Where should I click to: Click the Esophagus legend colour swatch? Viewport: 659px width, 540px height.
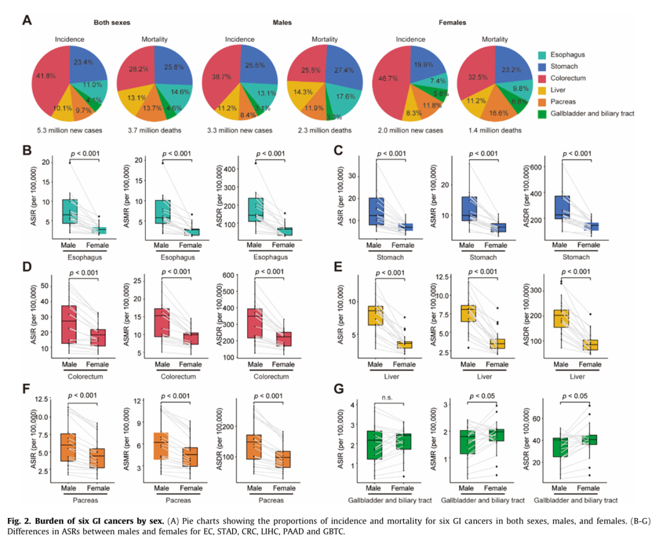point(542,55)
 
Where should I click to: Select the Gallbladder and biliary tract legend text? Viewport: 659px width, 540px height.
point(592,113)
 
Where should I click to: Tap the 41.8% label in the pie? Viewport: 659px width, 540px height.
point(46,76)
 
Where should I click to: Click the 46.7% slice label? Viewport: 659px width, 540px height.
point(388,78)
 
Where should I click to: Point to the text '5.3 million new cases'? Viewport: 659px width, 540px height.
point(70,131)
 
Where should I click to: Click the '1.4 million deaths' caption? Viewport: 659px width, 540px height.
point(495,131)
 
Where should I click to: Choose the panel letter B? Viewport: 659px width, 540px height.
point(27,150)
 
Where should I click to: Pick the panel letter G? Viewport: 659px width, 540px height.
point(339,389)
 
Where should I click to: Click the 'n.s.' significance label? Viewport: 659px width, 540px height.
point(387,397)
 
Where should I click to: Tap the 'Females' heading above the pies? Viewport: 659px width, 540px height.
point(452,23)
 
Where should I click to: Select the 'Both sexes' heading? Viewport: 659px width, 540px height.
point(112,23)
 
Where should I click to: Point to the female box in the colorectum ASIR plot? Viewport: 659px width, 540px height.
point(98,337)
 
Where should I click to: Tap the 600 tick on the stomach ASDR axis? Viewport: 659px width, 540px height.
point(536,167)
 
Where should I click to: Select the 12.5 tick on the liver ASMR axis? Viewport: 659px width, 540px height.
point(442,276)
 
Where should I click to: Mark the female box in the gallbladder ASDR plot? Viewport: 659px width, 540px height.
point(588,439)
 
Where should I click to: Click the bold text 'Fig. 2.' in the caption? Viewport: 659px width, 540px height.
point(20,521)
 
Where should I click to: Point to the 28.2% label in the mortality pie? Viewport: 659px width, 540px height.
point(139,69)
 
